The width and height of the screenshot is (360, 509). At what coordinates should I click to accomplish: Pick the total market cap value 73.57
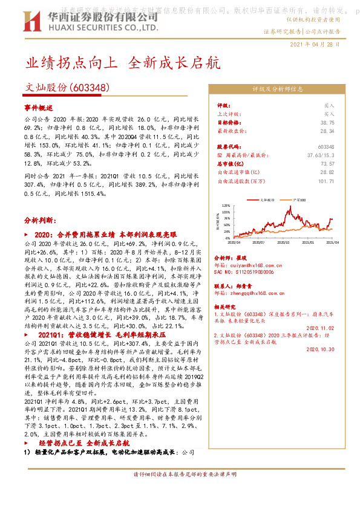(327, 163)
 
